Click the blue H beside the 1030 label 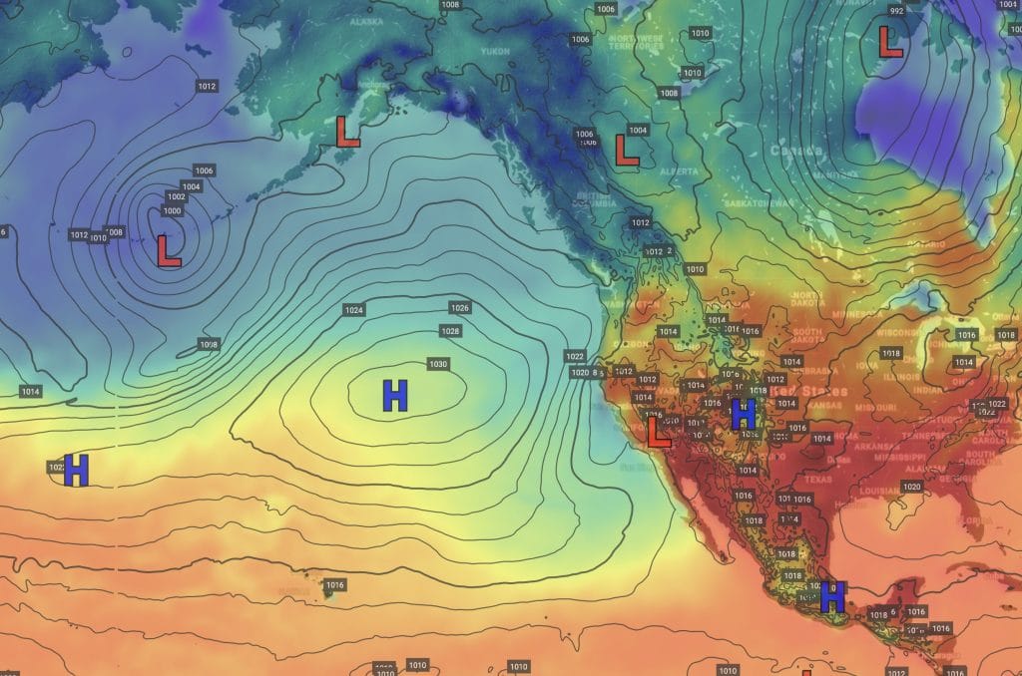pyautogui.click(x=395, y=396)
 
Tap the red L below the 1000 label pyautogui.click(x=169, y=250)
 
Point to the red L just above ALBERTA pyautogui.click(x=626, y=150)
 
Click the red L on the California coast pyautogui.click(x=658, y=433)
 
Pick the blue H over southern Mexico pyautogui.click(x=832, y=596)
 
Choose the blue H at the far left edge pyautogui.click(x=77, y=470)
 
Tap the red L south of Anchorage pyautogui.click(x=347, y=132)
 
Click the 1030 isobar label pyautogui.click(x=437, y=364)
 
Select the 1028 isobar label pyautogui.click(x=450, y=330)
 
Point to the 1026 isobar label pyautogui.click(x=460, y=307)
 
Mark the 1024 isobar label pyautogui.click(x=353, y=310)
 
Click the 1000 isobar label pyautogui.click(x=172, y=210)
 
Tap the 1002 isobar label pyautogui.click(x=177, y=198)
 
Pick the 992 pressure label pyautogui.click(x=895, y=11)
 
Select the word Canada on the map pyautogui.click(x=795, y=152)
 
